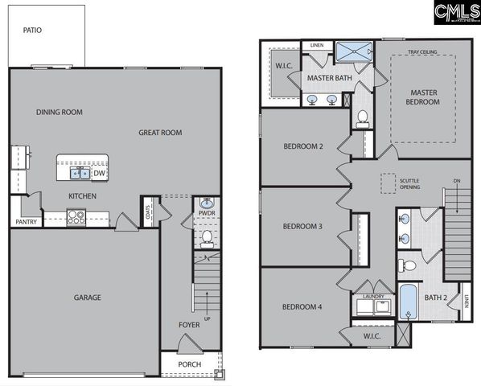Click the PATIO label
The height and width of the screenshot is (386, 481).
coord(32,31)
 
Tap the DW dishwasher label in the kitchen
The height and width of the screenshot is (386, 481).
coord(99,172)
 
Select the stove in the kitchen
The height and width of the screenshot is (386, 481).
coord(76,215)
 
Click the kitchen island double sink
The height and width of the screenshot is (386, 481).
coord(80,172)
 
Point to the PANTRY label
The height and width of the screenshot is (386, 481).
coord(26,222)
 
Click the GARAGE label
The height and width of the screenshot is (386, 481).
coord(88,298)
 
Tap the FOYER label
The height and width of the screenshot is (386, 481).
coord(189,325)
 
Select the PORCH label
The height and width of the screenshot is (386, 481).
coord(190,364)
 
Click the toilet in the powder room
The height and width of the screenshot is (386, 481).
coord(207,236)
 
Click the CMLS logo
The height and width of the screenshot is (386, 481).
coord(455,13)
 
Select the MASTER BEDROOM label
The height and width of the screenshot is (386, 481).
coord(422,97)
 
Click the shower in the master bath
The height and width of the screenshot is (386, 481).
coord(354,51)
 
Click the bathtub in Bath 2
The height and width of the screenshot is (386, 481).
coord(408,302)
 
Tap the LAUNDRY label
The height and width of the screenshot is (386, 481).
coord(373,296)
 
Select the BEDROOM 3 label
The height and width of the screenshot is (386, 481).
coord(302,226)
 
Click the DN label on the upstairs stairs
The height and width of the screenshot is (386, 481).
coord(457,180)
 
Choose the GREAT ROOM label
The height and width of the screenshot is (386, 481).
coord(160,133)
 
